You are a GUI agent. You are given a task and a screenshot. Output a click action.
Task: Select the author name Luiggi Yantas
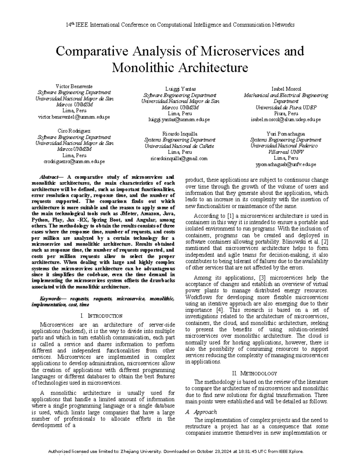point(180,89)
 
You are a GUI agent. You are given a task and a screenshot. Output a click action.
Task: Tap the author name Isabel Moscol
point(286,89)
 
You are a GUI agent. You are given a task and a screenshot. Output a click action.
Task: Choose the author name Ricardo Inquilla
point(180,134)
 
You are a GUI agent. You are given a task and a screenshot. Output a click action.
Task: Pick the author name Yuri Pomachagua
point(286,134)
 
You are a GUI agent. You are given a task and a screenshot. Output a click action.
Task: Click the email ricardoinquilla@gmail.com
point(180,158)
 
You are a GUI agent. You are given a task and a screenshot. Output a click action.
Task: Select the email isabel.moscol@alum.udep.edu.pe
point(286,120)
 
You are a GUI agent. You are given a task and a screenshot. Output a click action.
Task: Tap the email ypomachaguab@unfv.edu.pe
point(286,164)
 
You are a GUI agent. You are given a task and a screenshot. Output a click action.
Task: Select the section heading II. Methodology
point(255,374)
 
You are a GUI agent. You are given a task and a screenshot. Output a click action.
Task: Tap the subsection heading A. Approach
point(201,412)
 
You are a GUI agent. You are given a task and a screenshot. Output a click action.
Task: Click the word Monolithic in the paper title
point(143,68)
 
